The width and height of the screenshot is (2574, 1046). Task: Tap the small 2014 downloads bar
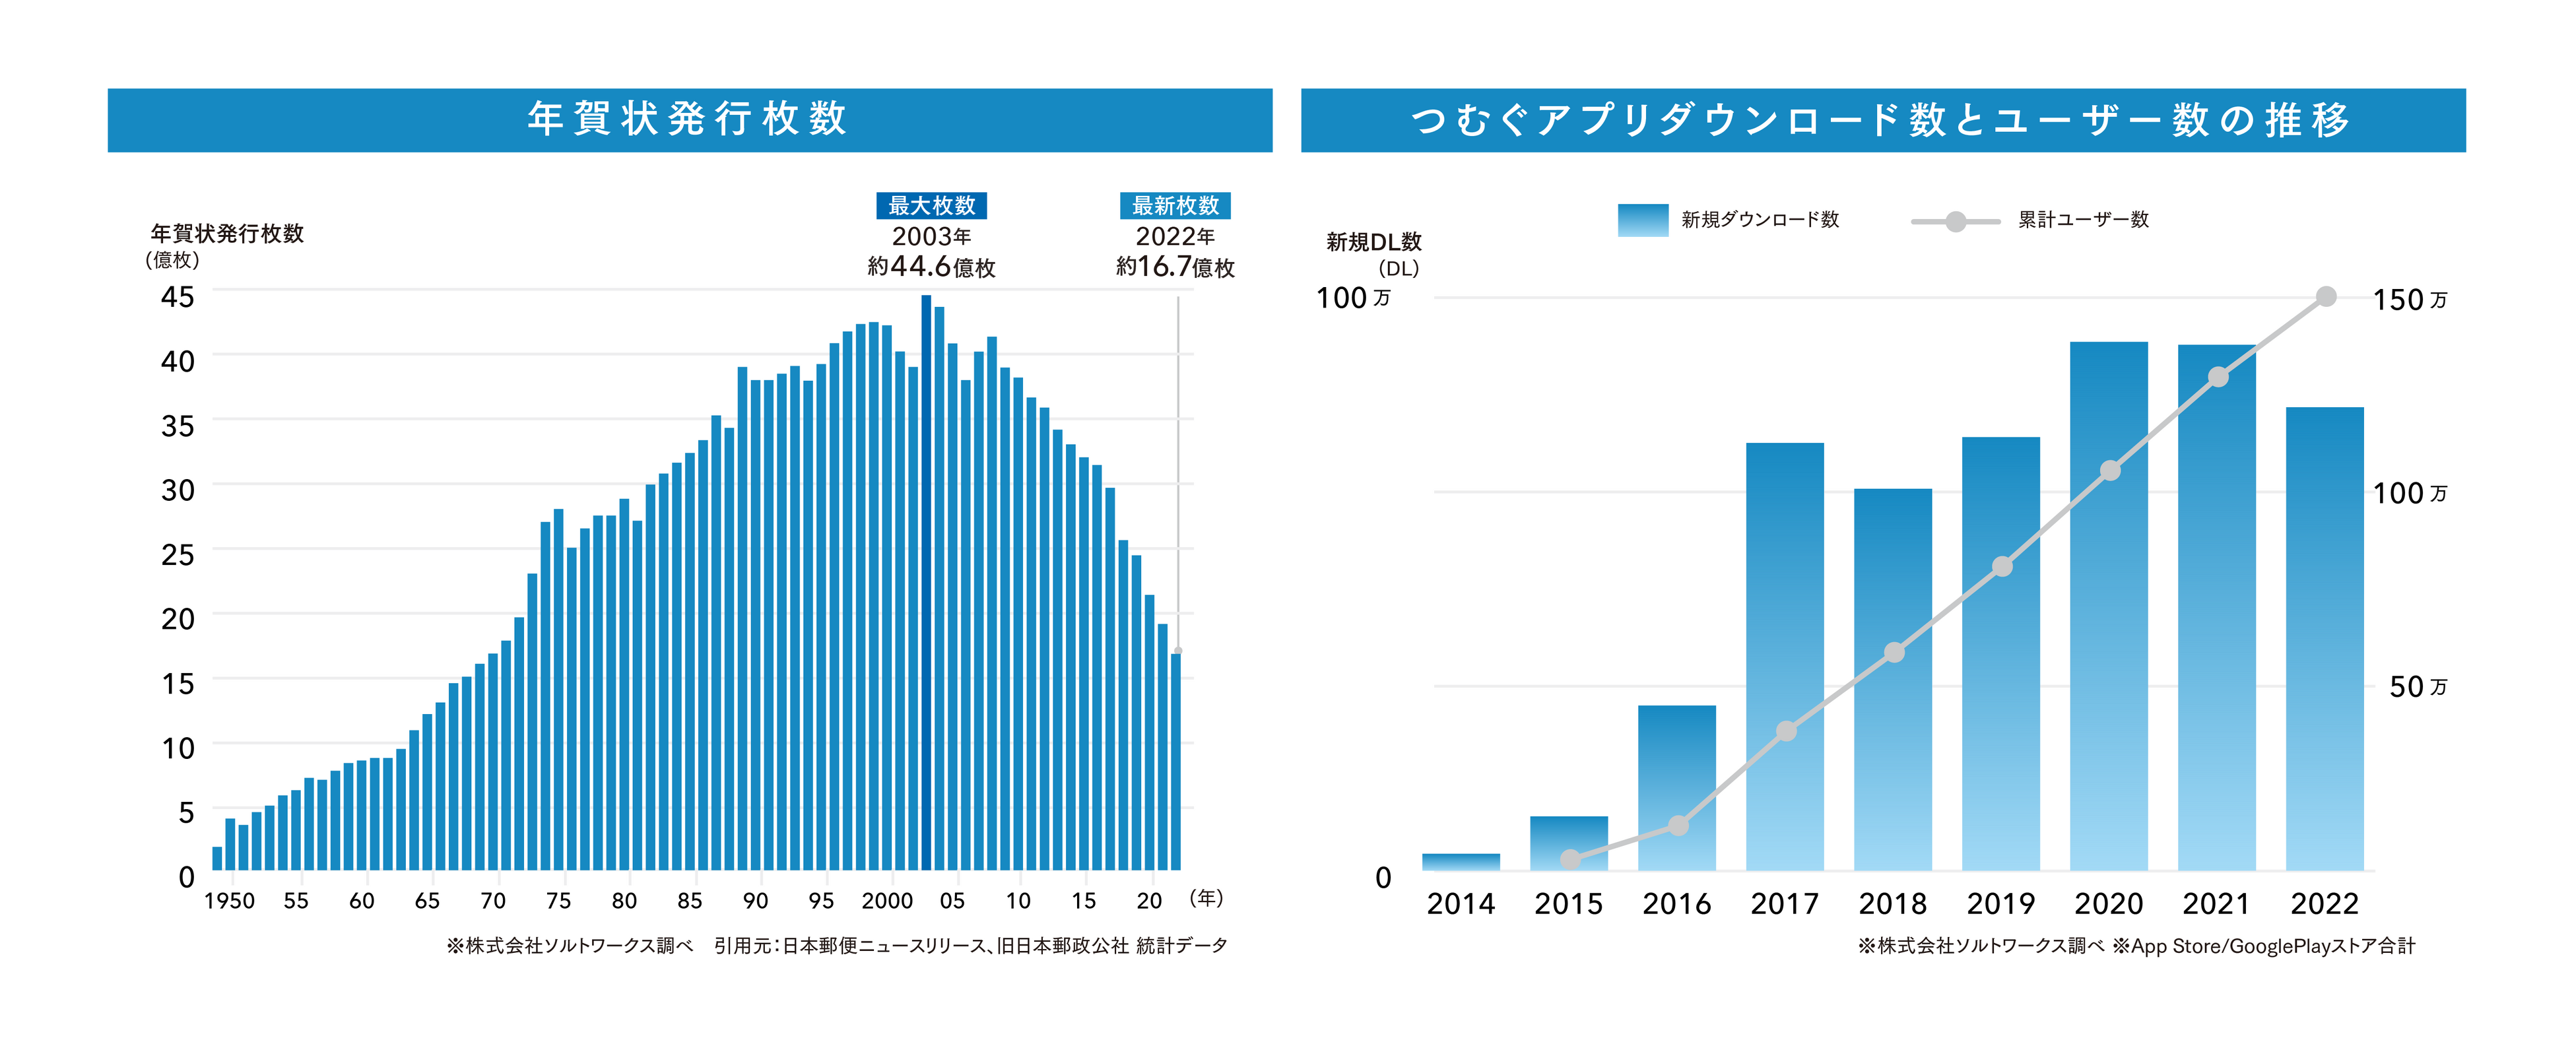[x=1461, y=861]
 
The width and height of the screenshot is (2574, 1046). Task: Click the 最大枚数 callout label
[x=931, y=206]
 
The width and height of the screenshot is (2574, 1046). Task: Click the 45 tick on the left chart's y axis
[x=178, y=297]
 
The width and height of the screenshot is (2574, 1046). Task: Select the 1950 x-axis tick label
[x=230, y=901]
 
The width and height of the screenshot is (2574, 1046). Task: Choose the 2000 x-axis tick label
[x=887, y=901]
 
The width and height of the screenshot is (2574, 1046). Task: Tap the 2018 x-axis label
[x=1892, y=904]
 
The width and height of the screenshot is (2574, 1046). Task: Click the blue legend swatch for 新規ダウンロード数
[x=1643, y=220]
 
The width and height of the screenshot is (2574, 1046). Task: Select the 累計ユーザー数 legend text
[x=2084, y=220]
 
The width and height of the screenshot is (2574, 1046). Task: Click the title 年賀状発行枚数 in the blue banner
[x=688, y=119]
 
